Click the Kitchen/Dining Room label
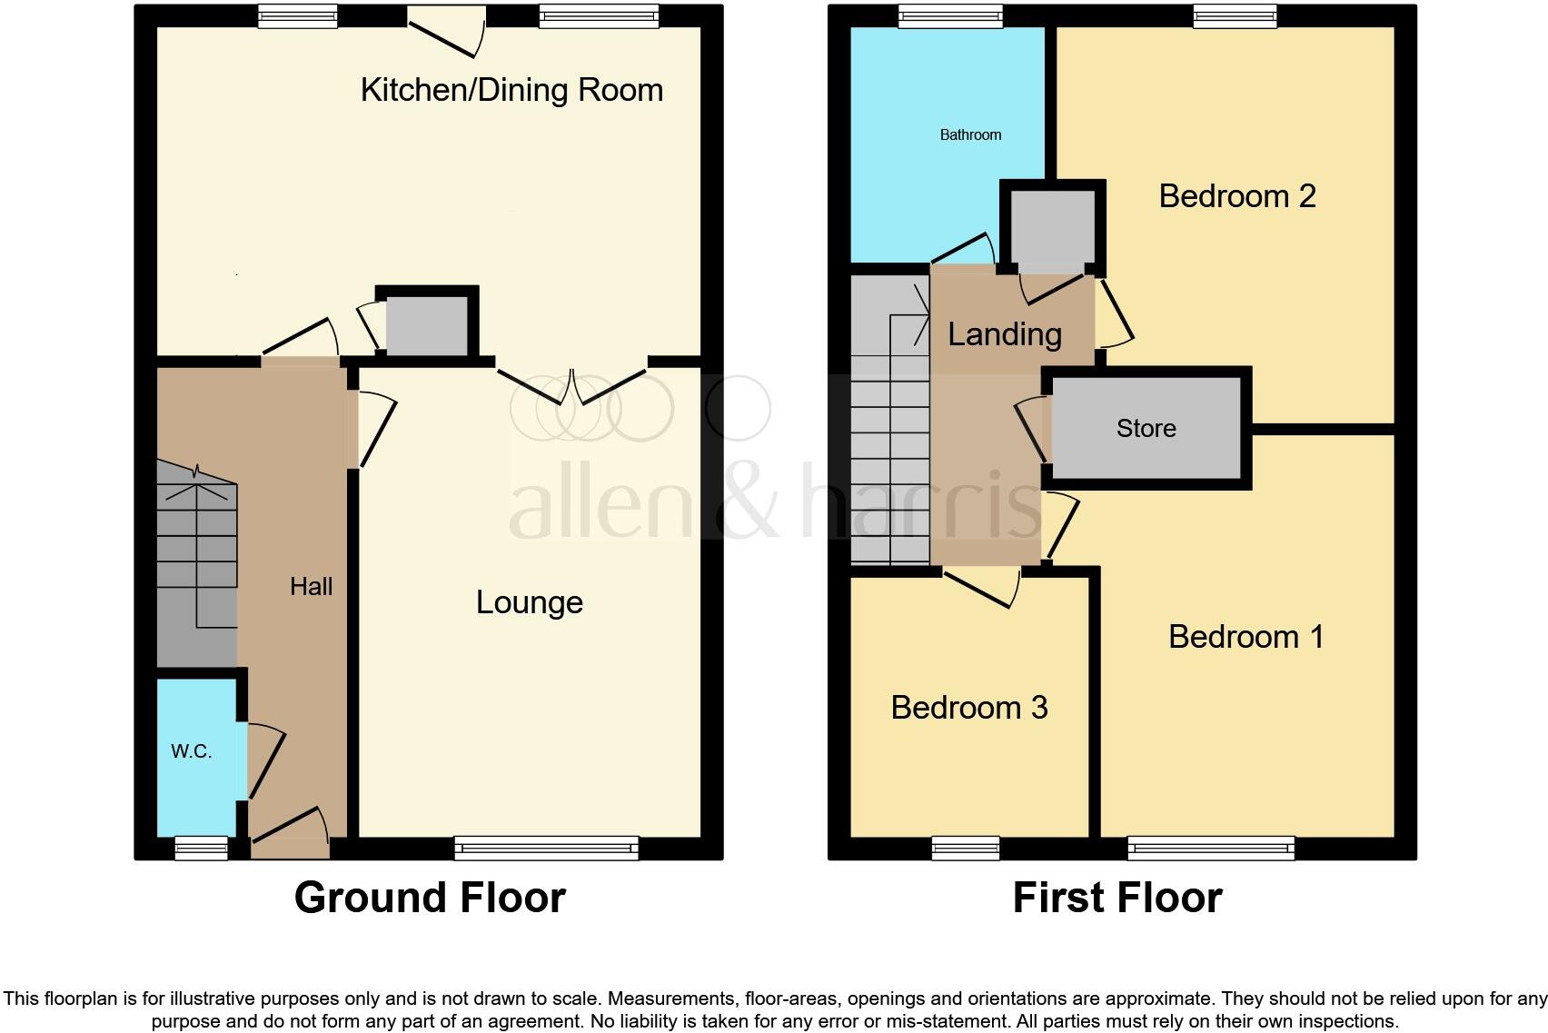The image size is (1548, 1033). click(x=511, y=90)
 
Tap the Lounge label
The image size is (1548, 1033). click(x=529, y=602)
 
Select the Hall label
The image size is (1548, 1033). click(x=311, y=587)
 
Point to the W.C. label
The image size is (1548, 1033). click(x=191, y=751)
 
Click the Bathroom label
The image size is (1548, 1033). click(x=970, y=135)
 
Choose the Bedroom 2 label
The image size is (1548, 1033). click(x=1237, y=196)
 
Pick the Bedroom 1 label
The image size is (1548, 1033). click(x=1245, y=637)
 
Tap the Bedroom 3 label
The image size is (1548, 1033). click(x=968, y=708)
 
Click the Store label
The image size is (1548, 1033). click(x=1146, y=428)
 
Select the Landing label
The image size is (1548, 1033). click(x=1004, y=334)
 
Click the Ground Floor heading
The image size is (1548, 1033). click(x=430, y=898)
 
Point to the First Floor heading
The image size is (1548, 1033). click(x=1116, y=898)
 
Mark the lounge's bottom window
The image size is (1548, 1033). click(x=546, y=848)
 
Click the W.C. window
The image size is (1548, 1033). click(x=201, y=848)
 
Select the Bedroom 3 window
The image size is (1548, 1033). click(x=965, y=848)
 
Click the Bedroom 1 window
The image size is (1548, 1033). click(x=1210, y=848)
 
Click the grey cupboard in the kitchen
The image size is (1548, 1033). click(x=426, y=325)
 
